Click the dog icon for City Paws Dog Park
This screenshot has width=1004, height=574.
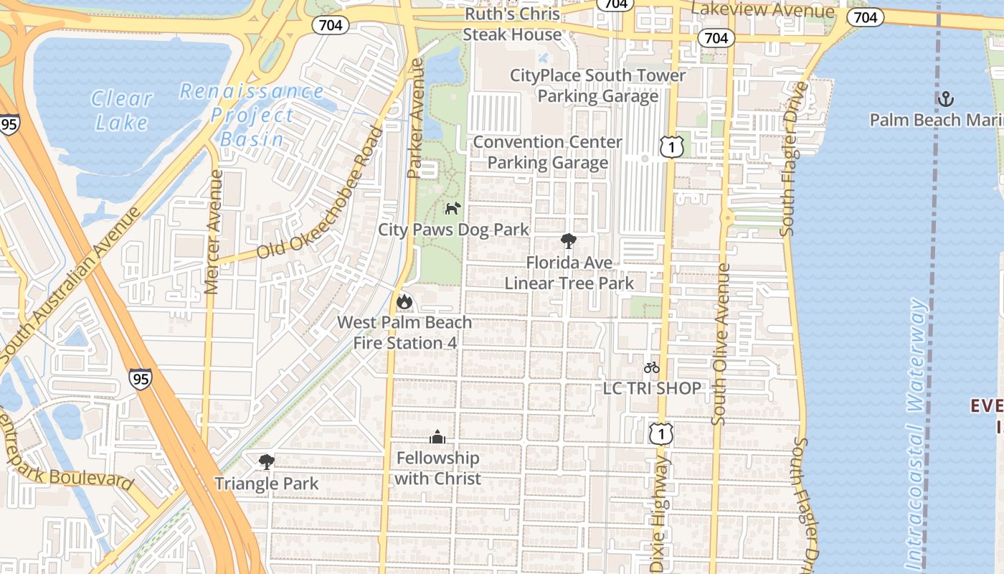click(453, 209)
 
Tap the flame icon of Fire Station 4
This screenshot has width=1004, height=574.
click(404, 302)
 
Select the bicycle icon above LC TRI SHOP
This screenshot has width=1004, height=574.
click(651, 368)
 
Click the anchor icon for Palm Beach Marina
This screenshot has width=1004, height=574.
click(946, 98)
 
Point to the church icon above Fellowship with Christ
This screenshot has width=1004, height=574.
click(437, 437)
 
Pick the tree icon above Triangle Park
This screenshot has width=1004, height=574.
click(267, 462)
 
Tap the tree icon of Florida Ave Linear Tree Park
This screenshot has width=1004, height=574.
click(569, 241)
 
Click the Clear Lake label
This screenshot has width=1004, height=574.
click(122, 110)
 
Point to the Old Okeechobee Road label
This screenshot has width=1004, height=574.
click(321, 194)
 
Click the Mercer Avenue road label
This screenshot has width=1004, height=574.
click(212, 231)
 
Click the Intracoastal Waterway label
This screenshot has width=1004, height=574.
click(917, 430)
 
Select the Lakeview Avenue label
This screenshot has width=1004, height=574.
click(762, 10)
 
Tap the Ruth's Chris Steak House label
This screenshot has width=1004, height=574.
click(512, 24)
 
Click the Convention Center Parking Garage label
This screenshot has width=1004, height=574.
click(548, 152)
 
